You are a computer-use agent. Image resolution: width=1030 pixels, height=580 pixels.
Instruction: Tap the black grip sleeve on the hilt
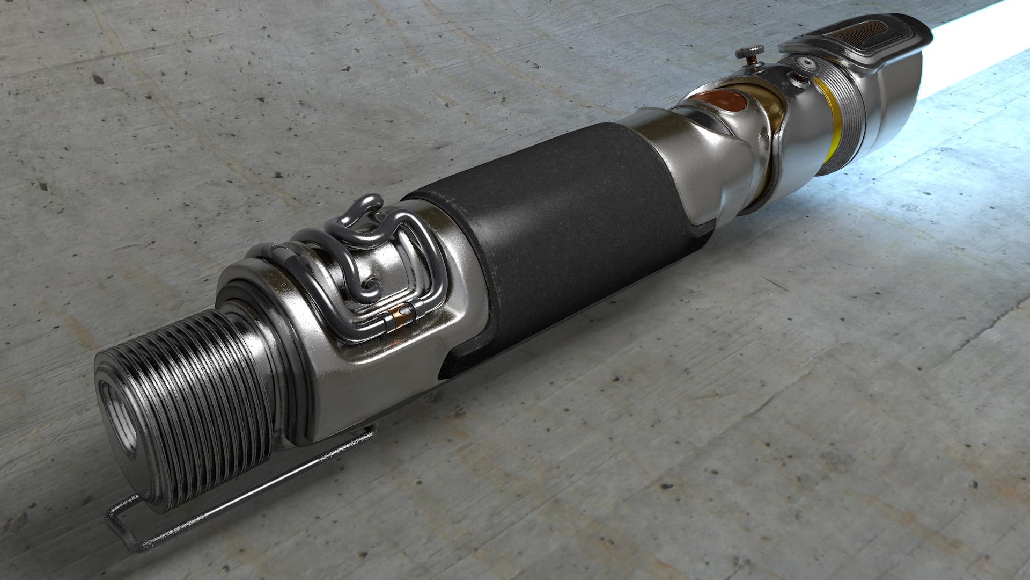[558, 226]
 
